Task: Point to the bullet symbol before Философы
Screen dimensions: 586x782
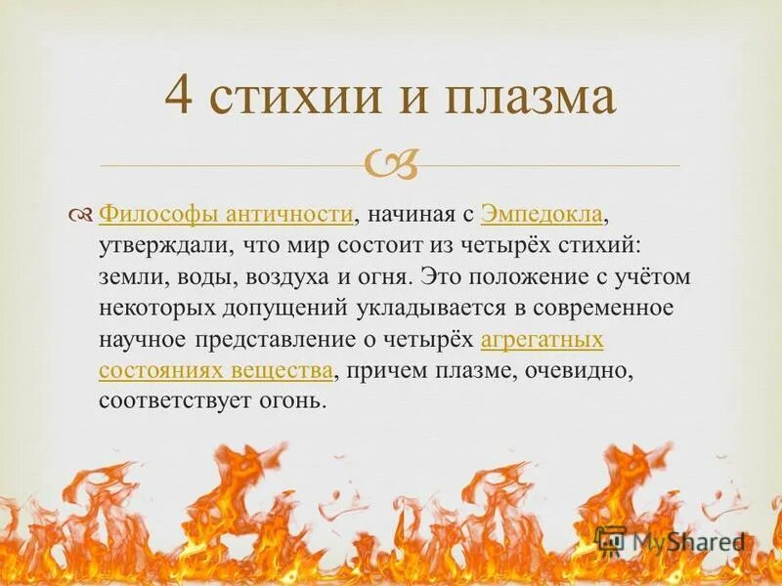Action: tap(83, 214)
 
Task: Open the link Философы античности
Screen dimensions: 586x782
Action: tap(226, 214)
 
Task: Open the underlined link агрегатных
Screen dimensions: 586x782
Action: tap(542, 340)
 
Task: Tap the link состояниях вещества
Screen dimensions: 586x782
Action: tap(216, 371)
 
